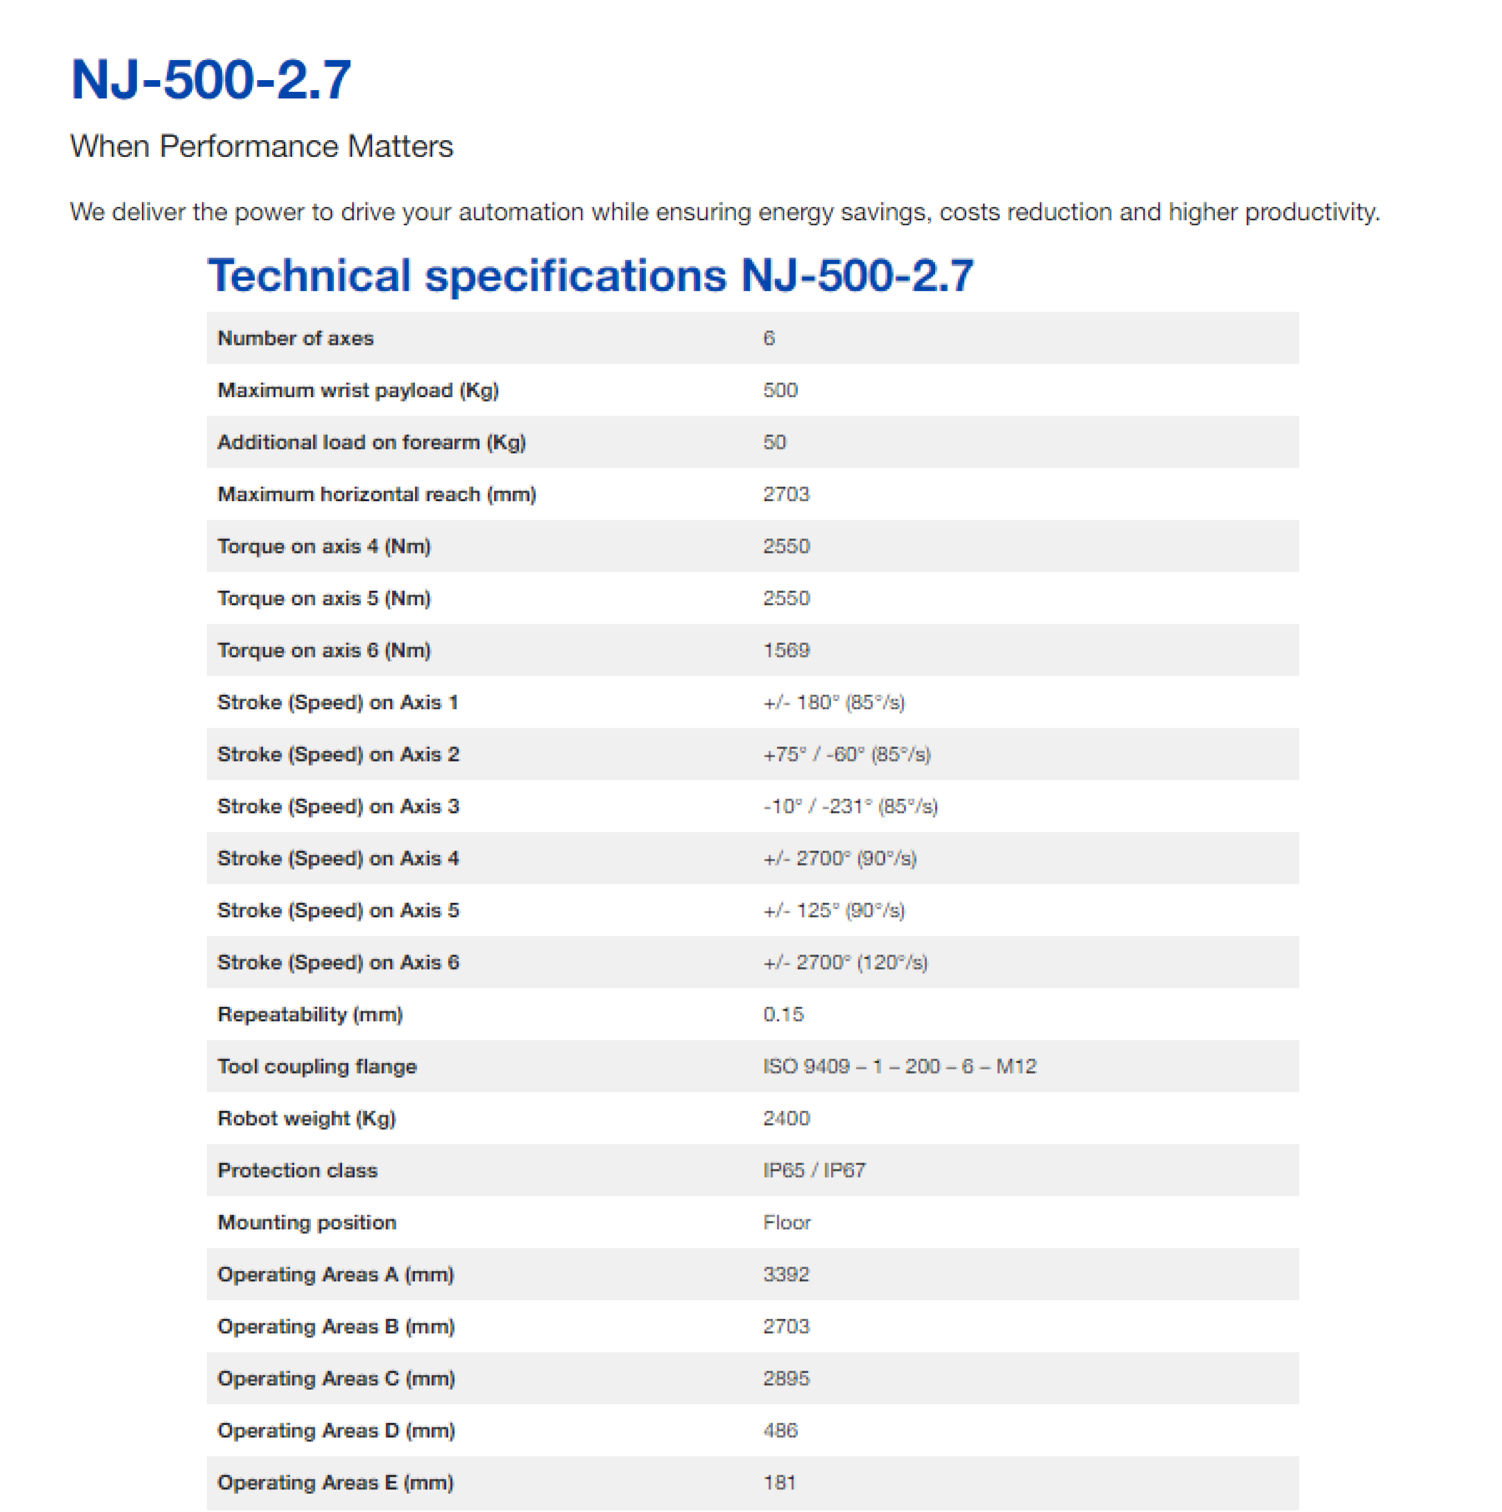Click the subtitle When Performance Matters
[261, 146]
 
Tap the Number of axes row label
[295, 338]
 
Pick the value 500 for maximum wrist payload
[779, 390]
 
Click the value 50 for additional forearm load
[774, 442]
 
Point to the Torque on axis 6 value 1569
[786, 650]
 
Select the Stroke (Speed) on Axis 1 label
[337, 702]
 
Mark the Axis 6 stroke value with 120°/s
[846, 962]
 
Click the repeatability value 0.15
[783, 1014]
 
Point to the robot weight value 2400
[786, 1118]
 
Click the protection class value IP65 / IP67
[814, 1170]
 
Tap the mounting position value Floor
[787, 1222]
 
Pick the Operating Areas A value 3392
[786, 1274]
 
